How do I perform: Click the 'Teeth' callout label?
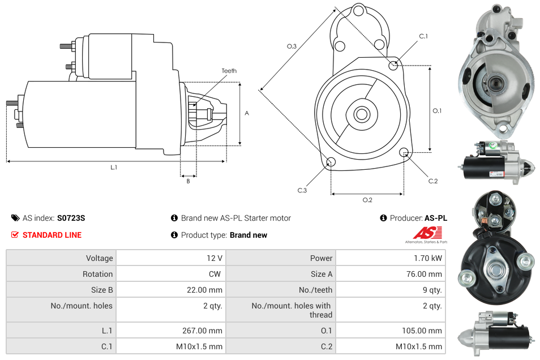tap(229, 71)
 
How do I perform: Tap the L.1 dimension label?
tap(114, 168)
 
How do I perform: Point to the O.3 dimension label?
tap(292, 46)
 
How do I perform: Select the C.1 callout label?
tap(423, 36)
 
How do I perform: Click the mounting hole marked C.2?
tap(404, 152)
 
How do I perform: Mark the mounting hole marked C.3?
tap(331, 163)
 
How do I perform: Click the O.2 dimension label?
tap(367, 200)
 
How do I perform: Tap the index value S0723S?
tap(71, 218)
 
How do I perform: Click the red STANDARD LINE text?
tap(52, 235)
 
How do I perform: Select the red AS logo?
tap(427, 233)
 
